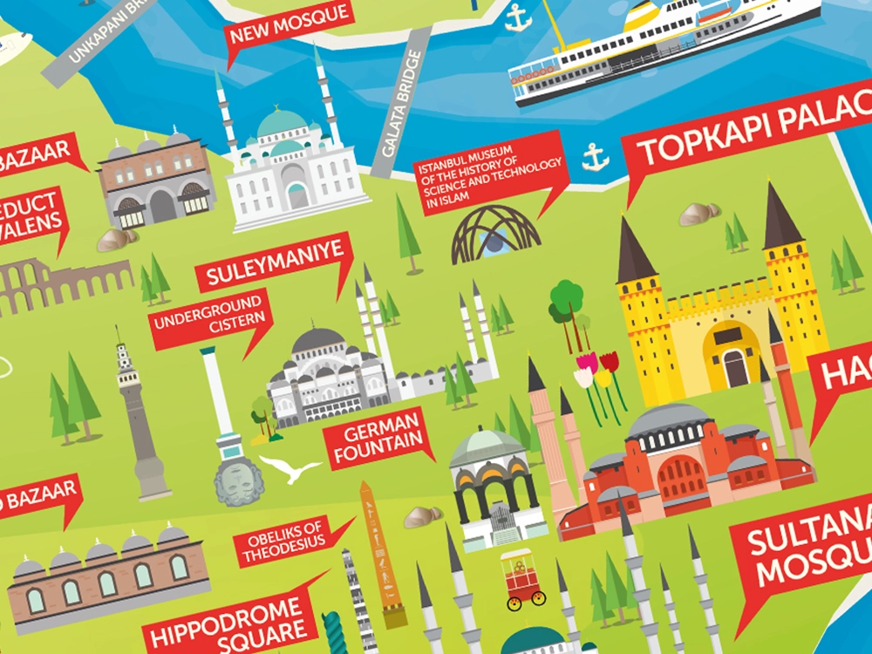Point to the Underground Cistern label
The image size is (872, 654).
point(209,323)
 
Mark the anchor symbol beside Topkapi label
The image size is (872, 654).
point(596,157)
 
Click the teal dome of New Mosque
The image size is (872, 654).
point(282,122)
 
